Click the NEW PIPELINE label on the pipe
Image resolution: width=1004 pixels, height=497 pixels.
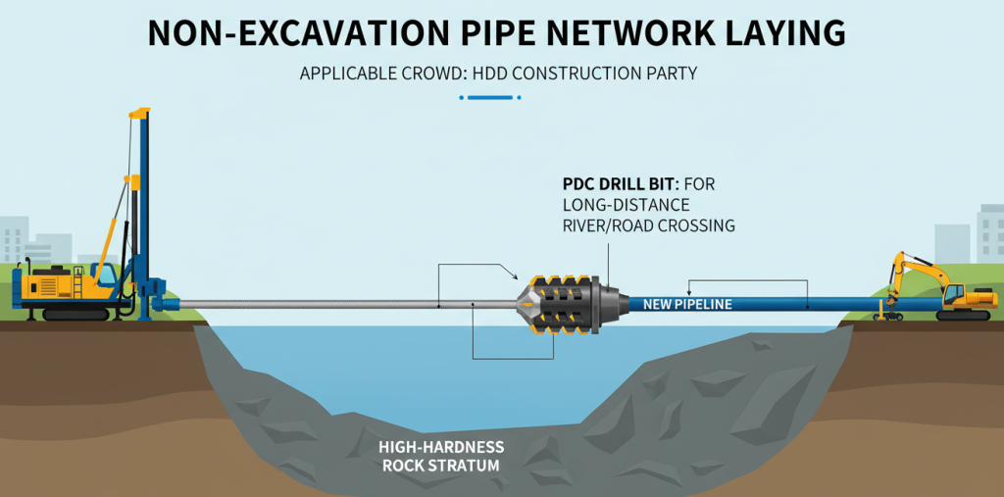pos(687,305)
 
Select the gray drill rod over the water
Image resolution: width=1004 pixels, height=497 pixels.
pos(343,305)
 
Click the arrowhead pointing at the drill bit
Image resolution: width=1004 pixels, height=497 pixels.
pos(514,278)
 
